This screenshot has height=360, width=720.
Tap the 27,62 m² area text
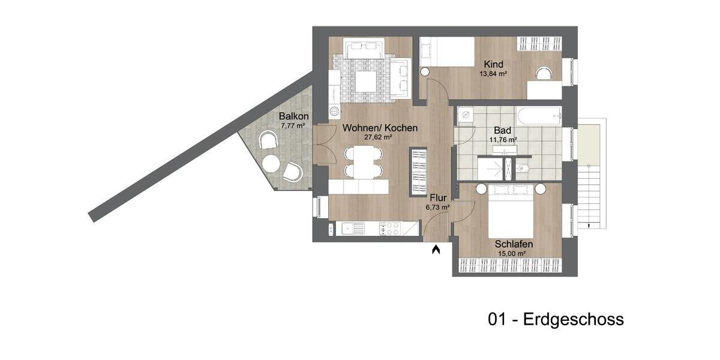pyautogui.click(x=378, y=137)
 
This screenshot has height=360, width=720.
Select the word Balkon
pyautogui.click(x=294, y=116)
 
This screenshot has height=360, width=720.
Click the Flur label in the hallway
pyautogui.click(x=437, y=198)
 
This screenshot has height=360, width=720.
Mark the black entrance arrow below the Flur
pyautogui.click(x=436, y=248)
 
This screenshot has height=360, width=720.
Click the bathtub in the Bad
pyautogui.click(x=539, y=115)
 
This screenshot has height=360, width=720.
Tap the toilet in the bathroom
pyautogui.click(x=522, y=169)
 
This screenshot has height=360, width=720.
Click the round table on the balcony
pyautogui.click(x=271, y=163)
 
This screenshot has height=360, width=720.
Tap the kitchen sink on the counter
pyautogui.click(x=350, y=228)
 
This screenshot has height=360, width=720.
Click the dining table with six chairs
pyautogui.click(x=364, y=162)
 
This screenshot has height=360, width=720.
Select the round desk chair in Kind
pyautogui.click(x=544, y=73)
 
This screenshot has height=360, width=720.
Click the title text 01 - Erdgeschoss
pyautogui.click(x=556, y=320)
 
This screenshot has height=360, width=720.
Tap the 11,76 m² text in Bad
pyautogui.click(x=503, y=139)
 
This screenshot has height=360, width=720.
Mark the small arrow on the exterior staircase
pyautogui.click(x=590, y=226)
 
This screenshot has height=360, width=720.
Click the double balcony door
pyautogui.click(x=324, y=144)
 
